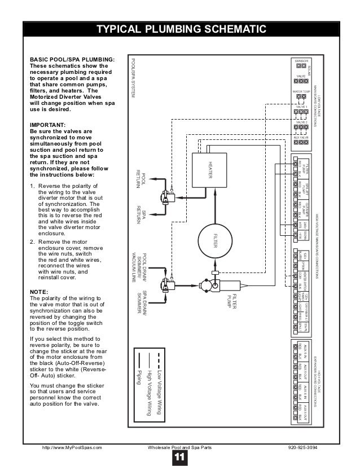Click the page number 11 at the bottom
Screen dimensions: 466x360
(x=180, y=457)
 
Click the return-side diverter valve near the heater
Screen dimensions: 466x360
(x=168, y=197)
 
